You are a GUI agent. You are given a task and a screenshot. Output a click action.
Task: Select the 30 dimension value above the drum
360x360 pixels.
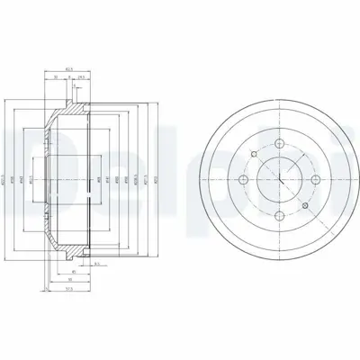(x=56, y=77)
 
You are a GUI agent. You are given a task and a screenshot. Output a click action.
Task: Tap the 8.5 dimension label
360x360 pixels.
(x=96, y=263)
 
